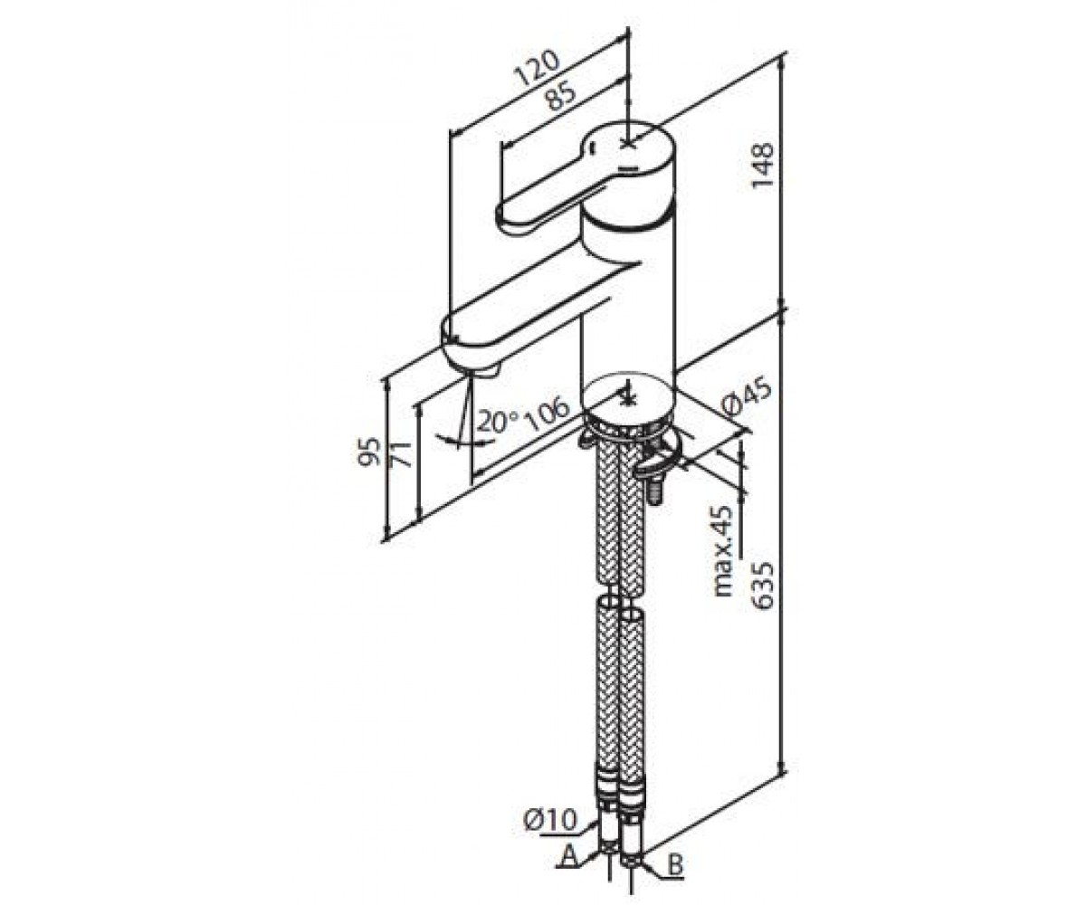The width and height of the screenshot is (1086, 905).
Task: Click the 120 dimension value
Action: tap(538, 68)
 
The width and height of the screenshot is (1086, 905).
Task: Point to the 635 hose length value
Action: tap(763, 586)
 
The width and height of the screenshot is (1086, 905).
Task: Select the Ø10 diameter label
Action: tap(550, 820)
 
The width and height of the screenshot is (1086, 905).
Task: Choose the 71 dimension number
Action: tap(401, 455)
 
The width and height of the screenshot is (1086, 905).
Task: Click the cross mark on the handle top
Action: tap(628, 144)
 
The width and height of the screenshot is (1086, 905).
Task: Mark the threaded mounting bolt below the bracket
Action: tap(656, 489)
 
